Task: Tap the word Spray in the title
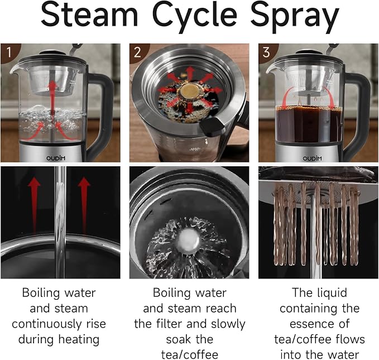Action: click(295, 17)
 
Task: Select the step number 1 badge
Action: click(9, 52)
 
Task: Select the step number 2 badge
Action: click(137, 52)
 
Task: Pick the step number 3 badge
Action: click(266, 52)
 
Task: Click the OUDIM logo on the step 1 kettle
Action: click(56, 158)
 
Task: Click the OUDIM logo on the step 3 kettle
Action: click(312, 158)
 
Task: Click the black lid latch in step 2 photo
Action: click(212, 127)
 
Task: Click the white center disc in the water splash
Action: click(189, 240)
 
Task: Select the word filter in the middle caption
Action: click(170, 324)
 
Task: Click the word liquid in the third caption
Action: click(332, 294)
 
